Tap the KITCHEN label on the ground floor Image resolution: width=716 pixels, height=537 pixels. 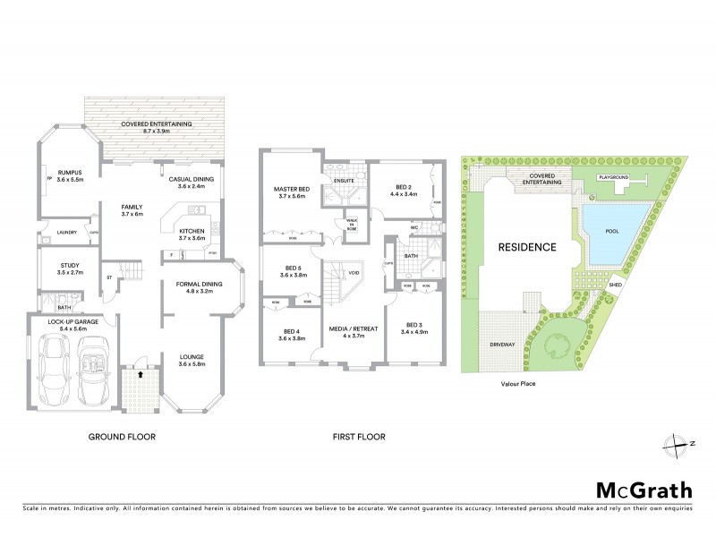click(x=192, y=231)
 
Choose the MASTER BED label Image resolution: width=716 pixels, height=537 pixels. click(x=293, y=189)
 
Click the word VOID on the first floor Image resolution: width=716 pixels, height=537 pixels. click(x=355, y=273)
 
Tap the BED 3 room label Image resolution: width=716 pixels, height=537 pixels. click(x=413, y=324)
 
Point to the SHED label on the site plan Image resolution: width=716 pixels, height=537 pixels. click(x=615, y=286)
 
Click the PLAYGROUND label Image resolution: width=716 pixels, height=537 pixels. click(x=614, y=178)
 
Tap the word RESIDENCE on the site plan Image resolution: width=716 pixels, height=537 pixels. click(x=527, y=246)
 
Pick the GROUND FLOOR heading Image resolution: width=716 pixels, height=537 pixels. click(x=122, y=438)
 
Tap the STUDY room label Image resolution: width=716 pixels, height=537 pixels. click(x=69, y=265)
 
